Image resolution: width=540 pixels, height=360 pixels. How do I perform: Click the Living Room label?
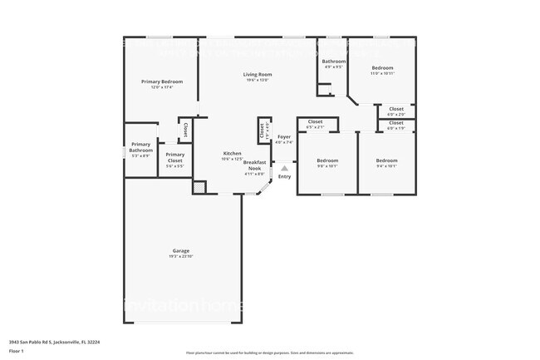click(258, 75)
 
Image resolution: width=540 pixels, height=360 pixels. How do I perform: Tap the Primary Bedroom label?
click(161, 81)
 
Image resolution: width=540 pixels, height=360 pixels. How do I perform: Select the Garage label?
click(181, 251)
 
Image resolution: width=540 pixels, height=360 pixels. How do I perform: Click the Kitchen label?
click(232, 154)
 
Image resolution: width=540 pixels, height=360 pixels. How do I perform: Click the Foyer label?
click(284, 137)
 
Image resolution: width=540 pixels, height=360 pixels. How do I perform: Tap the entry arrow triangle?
click(284, 167)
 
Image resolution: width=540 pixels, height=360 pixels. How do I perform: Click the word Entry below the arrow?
click(284, 176)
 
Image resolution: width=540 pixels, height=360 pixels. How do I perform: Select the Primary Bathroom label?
click(141, 147)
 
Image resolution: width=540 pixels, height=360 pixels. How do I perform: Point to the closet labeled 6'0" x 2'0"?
click(396, 110)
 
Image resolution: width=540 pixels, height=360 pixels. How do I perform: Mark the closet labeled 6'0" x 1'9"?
click(396, 124)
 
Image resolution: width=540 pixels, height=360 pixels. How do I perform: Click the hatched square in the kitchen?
click(199, 188)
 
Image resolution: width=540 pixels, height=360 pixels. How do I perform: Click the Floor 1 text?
click(16, 350)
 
